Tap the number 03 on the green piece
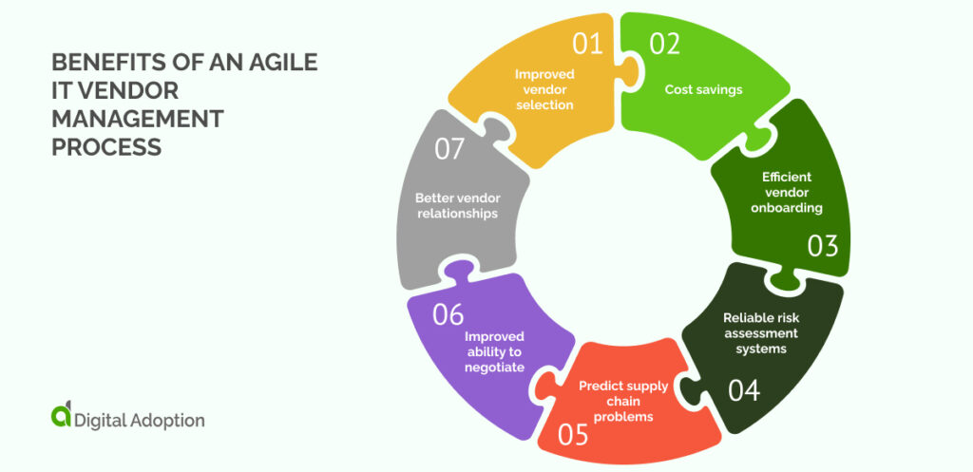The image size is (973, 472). [823, 246]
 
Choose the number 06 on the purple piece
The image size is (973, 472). [448, 314]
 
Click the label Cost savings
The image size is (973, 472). [703, 89]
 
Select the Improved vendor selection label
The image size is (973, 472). [544, 89]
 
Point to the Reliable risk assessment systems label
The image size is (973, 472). [760, 332]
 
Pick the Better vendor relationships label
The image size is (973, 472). [456, 206]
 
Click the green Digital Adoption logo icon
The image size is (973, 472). [61, 416]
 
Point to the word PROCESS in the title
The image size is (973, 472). [106, 148]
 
